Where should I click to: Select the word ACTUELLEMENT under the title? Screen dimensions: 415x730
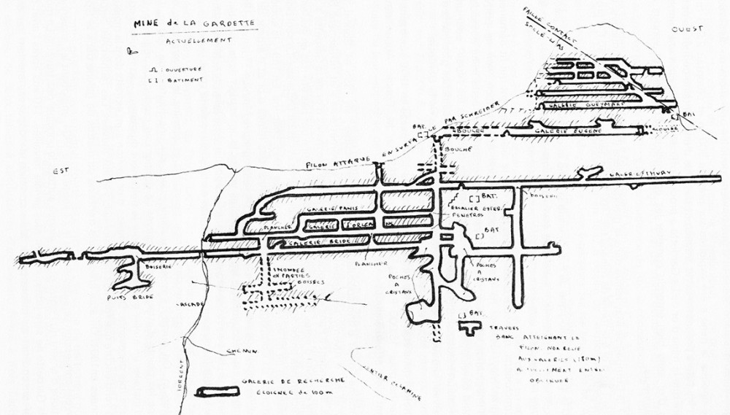(x=199, y=41)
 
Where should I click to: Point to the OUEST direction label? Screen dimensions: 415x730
(x=686, y=28)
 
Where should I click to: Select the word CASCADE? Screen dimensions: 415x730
(x=189, y=305)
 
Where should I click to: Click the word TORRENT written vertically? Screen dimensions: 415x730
(x=177, y=376)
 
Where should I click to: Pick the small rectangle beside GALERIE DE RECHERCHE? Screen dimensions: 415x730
(x=217, y=392)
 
